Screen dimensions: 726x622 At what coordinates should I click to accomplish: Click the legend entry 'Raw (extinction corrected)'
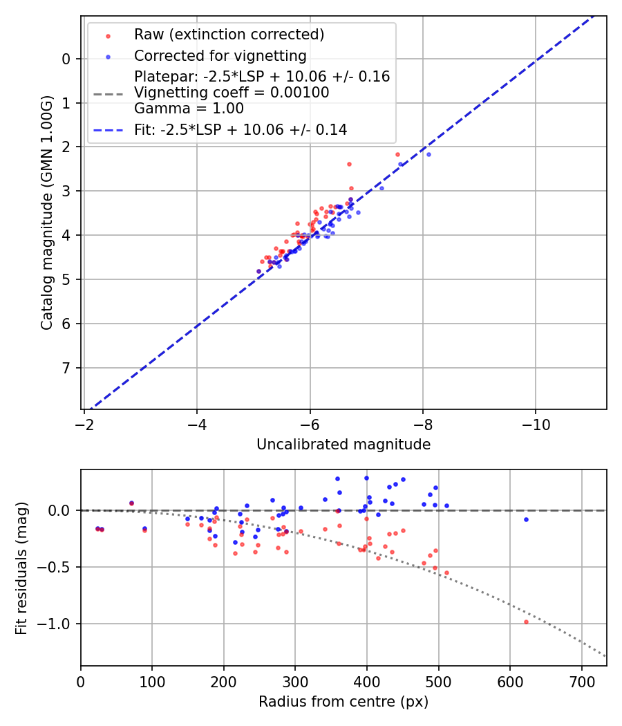[229, 35]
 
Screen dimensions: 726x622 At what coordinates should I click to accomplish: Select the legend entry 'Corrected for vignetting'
[220, 55]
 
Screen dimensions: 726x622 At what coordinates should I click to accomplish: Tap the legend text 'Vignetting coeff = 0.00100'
[232, 92]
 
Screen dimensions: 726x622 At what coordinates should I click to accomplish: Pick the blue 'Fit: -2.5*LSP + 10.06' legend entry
[241, 129]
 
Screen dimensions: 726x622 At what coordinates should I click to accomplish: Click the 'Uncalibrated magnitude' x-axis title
[343, 445]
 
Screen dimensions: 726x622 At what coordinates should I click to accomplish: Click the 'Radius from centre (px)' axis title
[343, 702]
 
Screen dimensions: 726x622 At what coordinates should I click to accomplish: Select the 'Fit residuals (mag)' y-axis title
[22, 568]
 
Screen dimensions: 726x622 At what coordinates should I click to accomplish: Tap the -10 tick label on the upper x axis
[536, 424]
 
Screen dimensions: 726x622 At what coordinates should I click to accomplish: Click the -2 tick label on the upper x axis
[84, 424]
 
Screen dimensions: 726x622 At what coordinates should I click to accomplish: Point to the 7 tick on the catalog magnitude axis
[66, 368]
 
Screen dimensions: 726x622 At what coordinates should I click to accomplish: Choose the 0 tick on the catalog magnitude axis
[66, 59]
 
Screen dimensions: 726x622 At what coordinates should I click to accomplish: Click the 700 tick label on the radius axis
[581, 681]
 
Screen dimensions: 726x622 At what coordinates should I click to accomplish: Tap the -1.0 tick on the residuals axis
[57, 624]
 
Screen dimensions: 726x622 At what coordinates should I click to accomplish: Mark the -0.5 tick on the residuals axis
[57, 567]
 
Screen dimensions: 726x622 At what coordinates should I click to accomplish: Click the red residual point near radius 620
[526, 622]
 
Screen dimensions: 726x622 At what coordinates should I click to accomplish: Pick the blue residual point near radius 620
[526, 519]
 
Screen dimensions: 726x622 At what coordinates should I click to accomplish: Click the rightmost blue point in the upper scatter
[428, 154]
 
